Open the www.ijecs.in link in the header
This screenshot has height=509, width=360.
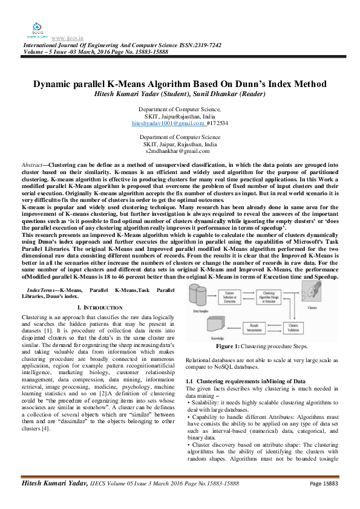tap(67, 38)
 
